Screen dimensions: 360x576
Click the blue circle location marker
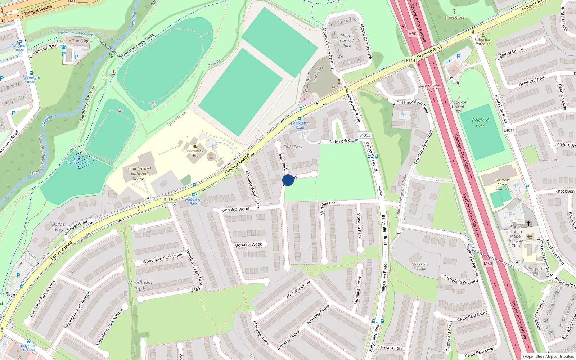point(288,180)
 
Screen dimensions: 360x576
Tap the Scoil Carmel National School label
point(139,174)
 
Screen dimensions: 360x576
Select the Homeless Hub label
point(195,153)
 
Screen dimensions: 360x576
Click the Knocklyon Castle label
point(421,266)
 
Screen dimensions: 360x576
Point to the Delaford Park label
point(480,123)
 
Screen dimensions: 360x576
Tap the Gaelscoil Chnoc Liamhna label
point(503,184)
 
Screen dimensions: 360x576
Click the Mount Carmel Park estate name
point(347,41)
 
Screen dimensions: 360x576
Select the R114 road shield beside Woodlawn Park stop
point(168,199)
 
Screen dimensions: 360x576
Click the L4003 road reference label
point(365,135)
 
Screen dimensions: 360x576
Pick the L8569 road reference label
point(195,290)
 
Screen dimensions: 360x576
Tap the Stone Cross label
point(454,17)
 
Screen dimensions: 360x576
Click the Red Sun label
point(339,87)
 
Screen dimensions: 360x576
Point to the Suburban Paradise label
point(483,42)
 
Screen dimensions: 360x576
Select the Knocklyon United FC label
point(458,107)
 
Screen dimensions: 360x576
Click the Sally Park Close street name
point(343,141)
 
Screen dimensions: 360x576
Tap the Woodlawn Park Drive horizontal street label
point(162,258)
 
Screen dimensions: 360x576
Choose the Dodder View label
point(59,226)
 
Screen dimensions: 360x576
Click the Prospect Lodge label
point(535,271)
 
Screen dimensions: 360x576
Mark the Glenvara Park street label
point(390,348)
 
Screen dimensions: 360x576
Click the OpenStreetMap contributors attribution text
point(548,357)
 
